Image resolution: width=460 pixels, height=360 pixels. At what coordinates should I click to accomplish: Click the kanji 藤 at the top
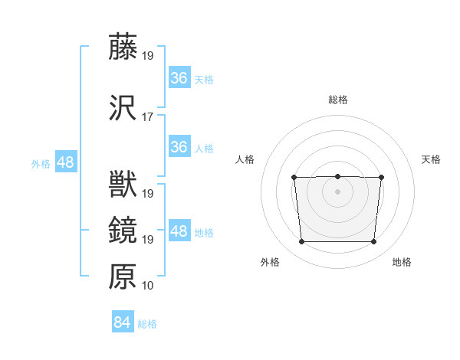(123, 47)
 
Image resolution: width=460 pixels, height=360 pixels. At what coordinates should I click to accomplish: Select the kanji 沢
(123, 108)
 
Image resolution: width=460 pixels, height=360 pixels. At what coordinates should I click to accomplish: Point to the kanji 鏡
(123, 231)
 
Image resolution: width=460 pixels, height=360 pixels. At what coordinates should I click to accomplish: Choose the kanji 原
(123, 277)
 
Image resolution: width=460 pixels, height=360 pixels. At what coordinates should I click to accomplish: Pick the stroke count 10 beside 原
(147, 286)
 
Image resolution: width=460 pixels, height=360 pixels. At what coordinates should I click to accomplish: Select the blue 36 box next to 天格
(179, 77)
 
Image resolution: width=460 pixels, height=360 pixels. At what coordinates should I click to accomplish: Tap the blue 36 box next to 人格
(179, 146)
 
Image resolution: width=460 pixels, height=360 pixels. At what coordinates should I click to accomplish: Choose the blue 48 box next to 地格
(179, 231)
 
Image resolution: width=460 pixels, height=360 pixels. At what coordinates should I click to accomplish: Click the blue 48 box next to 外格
(65, 162)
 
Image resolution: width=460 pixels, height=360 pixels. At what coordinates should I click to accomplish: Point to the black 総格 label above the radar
(338, 100)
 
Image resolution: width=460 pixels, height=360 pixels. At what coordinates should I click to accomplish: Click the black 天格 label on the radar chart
(431, 159)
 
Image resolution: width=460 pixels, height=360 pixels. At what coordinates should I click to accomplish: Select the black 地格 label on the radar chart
(402, 262)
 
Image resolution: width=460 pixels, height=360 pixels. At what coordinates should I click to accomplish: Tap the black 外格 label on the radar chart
(270, 262)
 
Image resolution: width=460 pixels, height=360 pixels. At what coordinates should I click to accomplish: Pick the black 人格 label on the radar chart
(245, 159)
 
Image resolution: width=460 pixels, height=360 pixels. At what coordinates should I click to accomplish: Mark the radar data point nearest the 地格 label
(373, 242)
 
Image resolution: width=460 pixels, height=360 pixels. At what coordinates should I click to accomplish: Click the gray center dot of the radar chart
(337, 191)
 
